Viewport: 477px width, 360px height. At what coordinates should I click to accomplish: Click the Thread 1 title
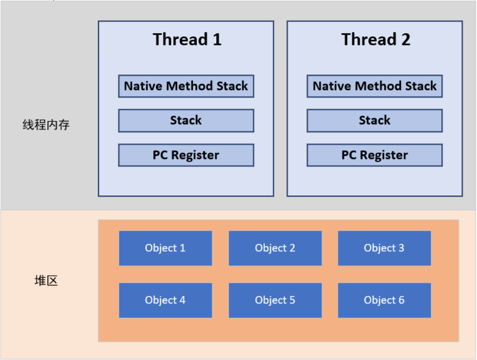point(187,40)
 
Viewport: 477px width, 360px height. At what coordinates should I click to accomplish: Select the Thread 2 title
point(376,40)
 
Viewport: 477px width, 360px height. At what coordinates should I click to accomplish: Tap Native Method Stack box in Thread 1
point(186,86)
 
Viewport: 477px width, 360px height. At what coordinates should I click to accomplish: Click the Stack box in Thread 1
point(186,121)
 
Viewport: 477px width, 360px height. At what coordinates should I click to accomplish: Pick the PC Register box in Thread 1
point(186,155)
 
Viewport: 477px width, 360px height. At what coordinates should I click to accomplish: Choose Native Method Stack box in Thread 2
point(375,86)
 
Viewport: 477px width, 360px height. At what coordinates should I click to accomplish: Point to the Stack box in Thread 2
point(375,121)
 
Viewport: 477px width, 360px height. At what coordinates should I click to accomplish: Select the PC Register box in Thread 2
point(375,155)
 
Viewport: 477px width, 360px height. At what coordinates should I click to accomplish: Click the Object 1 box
point(166,248)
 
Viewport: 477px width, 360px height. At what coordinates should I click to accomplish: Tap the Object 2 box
point(275,248)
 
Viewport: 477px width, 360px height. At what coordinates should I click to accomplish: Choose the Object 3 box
point(385,248)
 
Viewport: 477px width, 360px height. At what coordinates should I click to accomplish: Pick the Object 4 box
point(166,300)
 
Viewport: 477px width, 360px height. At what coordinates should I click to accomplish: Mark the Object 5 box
point(275,300)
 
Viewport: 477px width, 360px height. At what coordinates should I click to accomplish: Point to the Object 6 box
point(385,300)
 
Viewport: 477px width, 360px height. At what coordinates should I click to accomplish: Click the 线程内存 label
point(46,125)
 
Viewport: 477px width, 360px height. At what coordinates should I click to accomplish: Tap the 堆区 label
point(46,280)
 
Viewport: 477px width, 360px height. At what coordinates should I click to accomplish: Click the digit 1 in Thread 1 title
point(217,40)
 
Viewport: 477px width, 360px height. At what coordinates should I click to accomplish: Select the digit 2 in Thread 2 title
point(405,40)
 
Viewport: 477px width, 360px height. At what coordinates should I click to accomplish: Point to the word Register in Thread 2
point(384,155)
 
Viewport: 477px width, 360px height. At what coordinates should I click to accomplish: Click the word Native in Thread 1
point(143,86)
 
